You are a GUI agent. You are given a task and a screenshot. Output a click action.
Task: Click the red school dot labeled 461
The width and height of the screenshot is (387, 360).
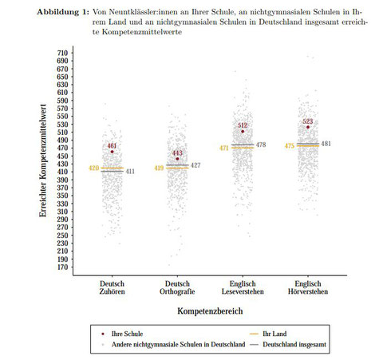point(112,152)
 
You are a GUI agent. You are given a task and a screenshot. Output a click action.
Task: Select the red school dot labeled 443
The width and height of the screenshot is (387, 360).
point(177,159)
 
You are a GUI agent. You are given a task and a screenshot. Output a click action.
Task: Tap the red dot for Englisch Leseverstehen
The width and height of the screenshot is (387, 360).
point(243,132)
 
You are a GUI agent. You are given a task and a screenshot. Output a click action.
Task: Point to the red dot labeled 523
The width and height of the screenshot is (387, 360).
point(308,127)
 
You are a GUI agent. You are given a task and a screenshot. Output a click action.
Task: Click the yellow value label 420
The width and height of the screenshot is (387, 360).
point(93,168)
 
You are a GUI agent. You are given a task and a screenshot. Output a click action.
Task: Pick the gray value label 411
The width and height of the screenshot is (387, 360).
point(130,172)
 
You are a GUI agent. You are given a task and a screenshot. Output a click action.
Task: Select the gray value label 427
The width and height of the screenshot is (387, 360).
point(195,165)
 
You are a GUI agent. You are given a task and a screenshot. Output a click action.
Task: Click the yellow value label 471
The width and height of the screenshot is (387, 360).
point(224,148)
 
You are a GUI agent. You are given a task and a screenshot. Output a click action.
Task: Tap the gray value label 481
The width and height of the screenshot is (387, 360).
point(326,144)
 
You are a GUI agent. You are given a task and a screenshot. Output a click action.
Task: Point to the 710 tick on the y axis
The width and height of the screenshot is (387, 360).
point(62,53)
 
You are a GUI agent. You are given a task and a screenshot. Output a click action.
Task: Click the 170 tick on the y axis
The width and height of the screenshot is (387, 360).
point(62,267)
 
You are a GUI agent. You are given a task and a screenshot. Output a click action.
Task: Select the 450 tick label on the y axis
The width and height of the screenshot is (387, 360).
point(62,156)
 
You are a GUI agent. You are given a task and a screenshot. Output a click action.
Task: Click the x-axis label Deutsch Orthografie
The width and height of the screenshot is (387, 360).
point(177,287)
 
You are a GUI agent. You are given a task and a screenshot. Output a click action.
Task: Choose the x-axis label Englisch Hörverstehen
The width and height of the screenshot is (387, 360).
point(308,287)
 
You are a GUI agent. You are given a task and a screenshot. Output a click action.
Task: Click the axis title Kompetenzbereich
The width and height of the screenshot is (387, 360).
point(210,311)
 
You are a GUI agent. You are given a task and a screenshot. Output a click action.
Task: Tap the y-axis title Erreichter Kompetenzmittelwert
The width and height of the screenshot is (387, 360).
point(43,160)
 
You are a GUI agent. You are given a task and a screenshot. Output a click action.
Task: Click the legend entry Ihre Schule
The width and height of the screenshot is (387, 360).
point(127,334)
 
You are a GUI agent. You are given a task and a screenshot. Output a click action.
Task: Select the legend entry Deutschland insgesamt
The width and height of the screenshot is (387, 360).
point(294,345)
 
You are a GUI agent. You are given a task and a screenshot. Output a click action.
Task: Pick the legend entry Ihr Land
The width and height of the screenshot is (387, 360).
point(274,334)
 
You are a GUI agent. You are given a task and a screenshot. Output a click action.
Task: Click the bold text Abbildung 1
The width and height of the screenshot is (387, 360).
point(62,12)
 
